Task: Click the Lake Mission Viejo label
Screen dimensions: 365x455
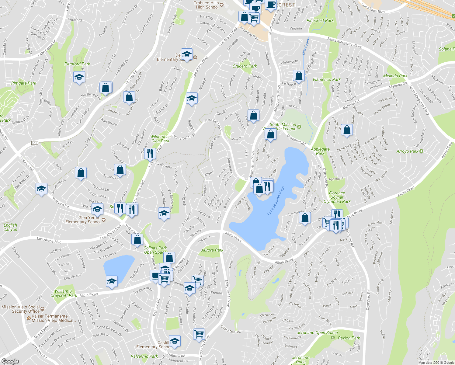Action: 276,201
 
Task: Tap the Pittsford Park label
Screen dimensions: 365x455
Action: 77,64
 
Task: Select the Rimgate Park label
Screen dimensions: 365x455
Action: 24,83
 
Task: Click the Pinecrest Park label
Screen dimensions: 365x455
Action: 320,20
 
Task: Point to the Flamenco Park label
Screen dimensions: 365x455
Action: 327,79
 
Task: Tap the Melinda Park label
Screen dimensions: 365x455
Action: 395,76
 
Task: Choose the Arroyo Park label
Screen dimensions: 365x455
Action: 408,151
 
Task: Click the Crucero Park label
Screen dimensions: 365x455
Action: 245,66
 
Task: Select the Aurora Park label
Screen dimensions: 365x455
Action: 212,250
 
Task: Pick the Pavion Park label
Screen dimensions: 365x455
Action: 349,338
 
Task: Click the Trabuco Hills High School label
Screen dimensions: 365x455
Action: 207,5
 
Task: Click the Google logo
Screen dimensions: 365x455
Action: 10,361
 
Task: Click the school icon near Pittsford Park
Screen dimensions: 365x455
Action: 79,77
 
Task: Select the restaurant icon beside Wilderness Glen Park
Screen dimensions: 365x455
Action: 150,153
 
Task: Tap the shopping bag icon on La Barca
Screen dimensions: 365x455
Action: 299,75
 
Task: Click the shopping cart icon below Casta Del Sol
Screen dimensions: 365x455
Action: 199,334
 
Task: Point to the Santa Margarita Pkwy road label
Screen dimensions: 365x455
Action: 344,43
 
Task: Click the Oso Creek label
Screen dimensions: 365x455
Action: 306,46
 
